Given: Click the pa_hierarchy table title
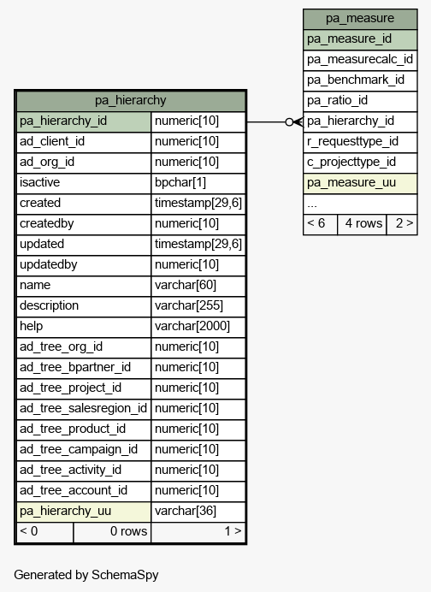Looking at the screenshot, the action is click(130, 100).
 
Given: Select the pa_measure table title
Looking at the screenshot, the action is click(360, 19).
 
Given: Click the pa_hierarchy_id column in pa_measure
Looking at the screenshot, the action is click(351, 121).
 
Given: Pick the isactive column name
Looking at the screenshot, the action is click(39, 182).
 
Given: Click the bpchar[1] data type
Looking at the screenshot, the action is click(180, 182).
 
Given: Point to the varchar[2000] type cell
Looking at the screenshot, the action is click(192, 326).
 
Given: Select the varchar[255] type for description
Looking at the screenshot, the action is click(189, 305).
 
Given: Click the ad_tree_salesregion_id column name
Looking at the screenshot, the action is click(83, 408).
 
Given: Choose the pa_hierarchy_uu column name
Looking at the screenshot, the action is click(65, 511).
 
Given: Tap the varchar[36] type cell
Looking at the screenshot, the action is click(186, 511).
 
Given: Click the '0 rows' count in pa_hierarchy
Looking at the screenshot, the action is click(128, 531).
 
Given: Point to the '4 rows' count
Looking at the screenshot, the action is click(363, 223).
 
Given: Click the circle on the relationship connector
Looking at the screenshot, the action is click(290, 122).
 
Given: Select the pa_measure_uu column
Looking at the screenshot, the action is click(351, 182).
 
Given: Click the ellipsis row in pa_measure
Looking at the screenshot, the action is click(312, 205).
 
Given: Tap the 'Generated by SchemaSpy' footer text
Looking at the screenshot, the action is click(86, 575).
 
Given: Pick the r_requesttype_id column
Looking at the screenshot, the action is click(352, 141).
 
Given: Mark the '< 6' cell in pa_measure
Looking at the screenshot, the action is click(316, 223).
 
